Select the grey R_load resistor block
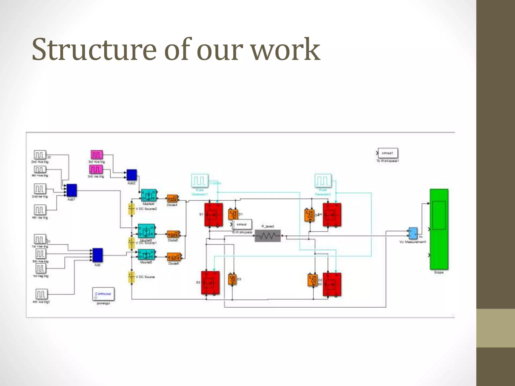[x=268, y=236]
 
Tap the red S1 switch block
[x=213, y=215]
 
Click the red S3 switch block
[x=210, y=282]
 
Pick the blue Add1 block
[x=72, y=190]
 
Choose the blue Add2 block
[x=132, y=175]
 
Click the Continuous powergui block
[x=103, y=294]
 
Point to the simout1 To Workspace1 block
[x=388, y=153]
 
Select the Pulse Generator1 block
[x=200, y=181]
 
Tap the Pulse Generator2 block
[x=323, y=181]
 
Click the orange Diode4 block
[x=173, y=199]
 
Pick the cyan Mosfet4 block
[x=149, y=195]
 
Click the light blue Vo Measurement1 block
[x=413, y=233]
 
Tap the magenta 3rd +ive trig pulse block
[x=97, y=155]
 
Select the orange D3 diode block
[x=232, y=279]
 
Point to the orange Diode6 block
[x=174, y=257]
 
